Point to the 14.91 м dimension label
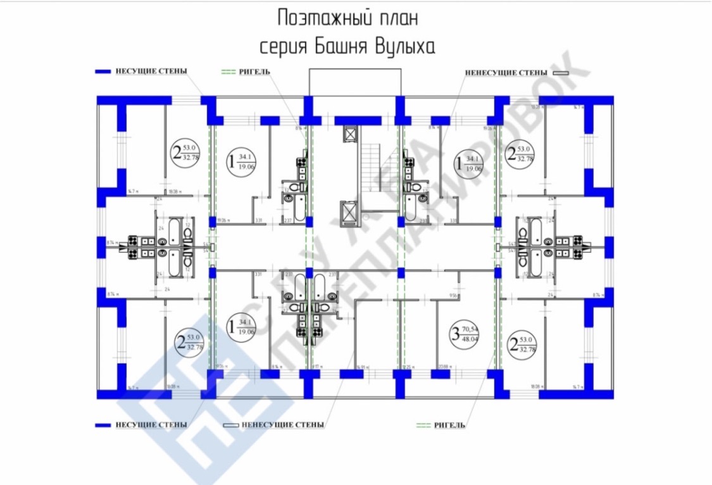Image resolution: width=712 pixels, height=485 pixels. click(362, 366)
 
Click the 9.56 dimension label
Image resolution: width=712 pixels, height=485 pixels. click(453, 295)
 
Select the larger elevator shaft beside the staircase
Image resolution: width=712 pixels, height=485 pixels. click(349, 213)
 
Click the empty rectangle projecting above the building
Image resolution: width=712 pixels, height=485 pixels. click(354, 81)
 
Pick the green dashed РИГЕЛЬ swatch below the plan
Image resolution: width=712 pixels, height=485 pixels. click(424, 424)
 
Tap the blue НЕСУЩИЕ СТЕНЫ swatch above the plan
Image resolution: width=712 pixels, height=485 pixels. click(103, 71)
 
